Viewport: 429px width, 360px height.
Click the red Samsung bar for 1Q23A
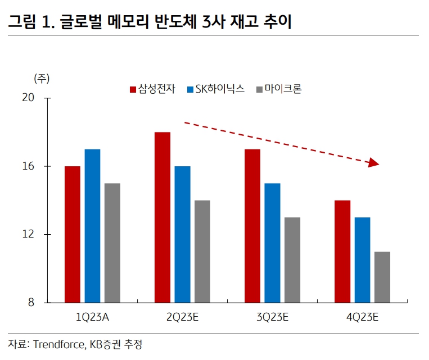(73, 234)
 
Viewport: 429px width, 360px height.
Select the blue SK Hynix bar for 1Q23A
(92, 226)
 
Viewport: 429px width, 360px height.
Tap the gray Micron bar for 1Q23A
(112, 243)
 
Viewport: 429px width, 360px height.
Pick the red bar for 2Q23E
(162, 217)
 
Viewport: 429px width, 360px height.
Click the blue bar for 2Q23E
(182, 234)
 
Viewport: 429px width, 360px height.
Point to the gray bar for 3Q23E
(292, 260)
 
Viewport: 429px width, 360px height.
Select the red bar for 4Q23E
(342, 252)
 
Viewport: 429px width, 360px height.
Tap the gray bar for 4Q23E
(382, 277)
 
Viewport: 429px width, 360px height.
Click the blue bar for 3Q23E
(272, 243)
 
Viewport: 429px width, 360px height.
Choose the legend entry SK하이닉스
(219, 89)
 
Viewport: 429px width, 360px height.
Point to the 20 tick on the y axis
(28, 98)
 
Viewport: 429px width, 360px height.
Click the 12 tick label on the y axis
(28, 234)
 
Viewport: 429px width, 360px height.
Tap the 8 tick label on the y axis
(30, 303)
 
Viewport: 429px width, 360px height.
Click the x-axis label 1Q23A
(92, 317)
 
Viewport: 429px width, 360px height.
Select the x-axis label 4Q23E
(362, 317)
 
